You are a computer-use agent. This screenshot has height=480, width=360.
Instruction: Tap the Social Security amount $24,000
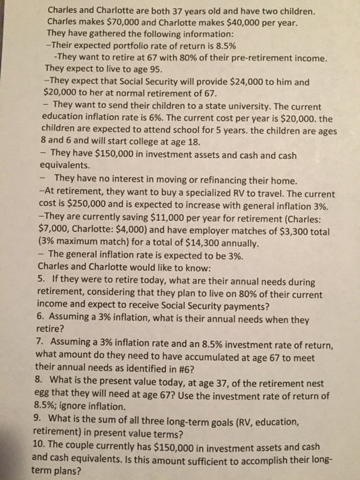click(254, 82)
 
